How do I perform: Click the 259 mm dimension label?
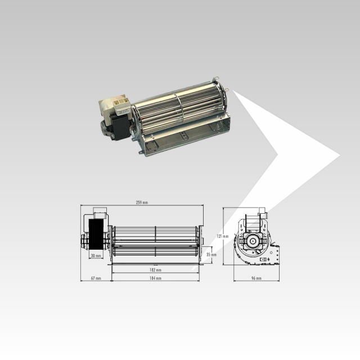click(x=142, y=202)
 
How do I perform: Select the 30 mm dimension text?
click(x=96, y=256)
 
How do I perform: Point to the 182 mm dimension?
click(x=156, y=269)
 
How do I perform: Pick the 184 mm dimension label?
click(x=156, y=278)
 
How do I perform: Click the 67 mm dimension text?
click(x=95, y=278)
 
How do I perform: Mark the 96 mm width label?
click(x=256, y=278)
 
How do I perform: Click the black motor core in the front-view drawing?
click(x=96, y=233)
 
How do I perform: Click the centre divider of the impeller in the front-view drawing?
click(x=156, y=241)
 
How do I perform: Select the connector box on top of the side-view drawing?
click(x=262, y=213)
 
